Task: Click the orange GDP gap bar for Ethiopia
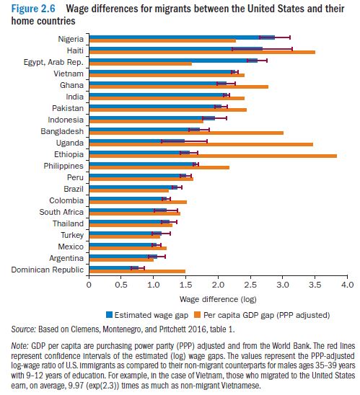click(x=213, y=156)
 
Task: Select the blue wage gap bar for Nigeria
click(x=182, y=37)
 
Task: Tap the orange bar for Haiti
click(x=202, y=52)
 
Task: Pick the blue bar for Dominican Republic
click(x=114, y=268)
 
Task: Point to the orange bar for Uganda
click(x=201, y=145)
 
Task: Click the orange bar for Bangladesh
click(x=186, y=133)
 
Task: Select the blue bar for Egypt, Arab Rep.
click(x=173, y=61)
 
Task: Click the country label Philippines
click(x=63, y=166)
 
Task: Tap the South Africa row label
click(x=61, y=212)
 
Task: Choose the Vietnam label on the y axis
click(x=69, y=74)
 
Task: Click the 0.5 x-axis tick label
click(x=121, y=285)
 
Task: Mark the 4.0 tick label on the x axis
click(x=348, y=285)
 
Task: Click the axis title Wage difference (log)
click(x=218, y=299)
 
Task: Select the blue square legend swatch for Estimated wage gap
click(x=109, y=315)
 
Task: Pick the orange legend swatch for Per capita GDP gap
click(x=198, y=315)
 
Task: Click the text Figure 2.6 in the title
click(x=33, y=9)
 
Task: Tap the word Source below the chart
click(x=23, y=329)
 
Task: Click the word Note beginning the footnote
click(x=19, y=346)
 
